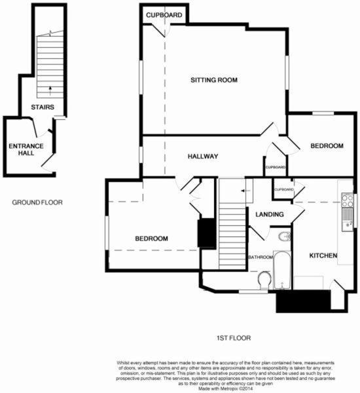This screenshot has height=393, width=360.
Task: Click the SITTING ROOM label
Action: click(x=214, y=80)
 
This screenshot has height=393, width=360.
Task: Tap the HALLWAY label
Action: click(x=203, y=157)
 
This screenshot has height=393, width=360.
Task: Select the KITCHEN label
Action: click(x=323, y=255)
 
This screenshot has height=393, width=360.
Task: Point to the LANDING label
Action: click(x=270, y=214)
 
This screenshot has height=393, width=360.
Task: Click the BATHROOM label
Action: click(x=261, y=257)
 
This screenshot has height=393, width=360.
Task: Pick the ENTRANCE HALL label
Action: click(x=26, y=149)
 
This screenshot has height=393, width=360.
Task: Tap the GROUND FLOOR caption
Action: click(x=37, y=202)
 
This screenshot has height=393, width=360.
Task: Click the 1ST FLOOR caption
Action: click(x=234, y=338)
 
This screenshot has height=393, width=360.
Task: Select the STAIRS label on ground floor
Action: click(x=43, y=107)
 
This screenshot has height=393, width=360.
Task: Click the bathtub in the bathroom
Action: click(x=282, y=270)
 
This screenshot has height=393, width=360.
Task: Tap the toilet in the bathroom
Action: click(x=264, y=280)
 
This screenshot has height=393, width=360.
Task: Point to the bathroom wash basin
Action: click(x=285, y=236)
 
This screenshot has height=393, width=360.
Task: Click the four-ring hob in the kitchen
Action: click(x=348, y=200)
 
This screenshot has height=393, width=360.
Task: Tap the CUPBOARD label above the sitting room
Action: click(x=164, y=15)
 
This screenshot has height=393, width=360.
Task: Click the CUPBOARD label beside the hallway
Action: click(x=276, y=167)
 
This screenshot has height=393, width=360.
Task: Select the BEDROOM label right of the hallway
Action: click(x=327, y=146)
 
